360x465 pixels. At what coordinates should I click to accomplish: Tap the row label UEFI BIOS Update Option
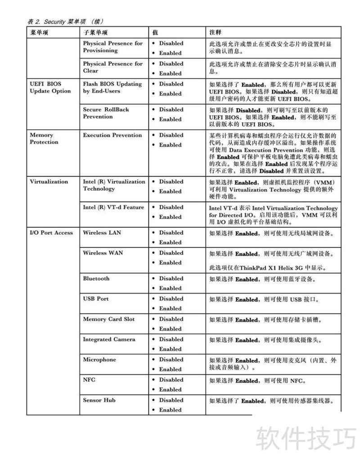[x=50, y=87]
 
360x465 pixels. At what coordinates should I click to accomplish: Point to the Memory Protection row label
[x=44, y=139]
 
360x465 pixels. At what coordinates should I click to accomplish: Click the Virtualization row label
[x=49, y=182]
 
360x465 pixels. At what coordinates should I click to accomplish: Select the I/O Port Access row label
[x=51, y=233]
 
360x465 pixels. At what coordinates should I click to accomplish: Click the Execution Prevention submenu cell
[x=112, y=135]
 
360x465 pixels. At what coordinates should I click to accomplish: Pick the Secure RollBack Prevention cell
[x=106, y=113]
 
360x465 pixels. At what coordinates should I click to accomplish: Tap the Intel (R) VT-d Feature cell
[x=113, y=207]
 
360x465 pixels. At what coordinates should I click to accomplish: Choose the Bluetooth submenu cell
[x=96, y=279]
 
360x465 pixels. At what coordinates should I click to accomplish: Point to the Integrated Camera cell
[x=109, y=340]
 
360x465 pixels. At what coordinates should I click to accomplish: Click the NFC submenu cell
[x=89, y=380]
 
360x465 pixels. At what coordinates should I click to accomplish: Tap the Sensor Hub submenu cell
[x=99, y=400]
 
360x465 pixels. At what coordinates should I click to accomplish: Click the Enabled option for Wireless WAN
[x=170, y=263]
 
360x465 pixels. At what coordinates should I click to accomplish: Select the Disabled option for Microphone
[x=171, y=360]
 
